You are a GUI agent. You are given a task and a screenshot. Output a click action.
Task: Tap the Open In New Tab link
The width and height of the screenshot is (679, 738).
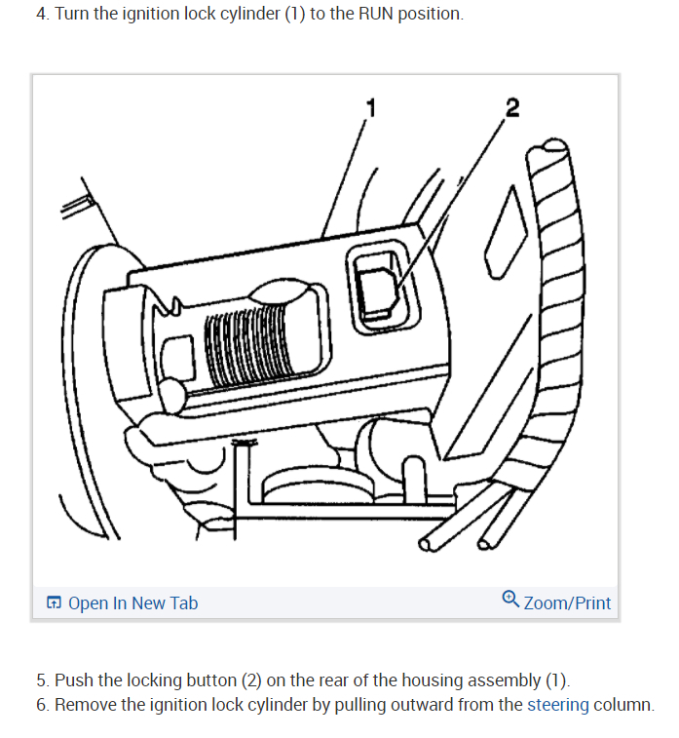coord(132,603)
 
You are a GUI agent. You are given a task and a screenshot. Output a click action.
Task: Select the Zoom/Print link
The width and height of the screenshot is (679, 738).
coord(567,603)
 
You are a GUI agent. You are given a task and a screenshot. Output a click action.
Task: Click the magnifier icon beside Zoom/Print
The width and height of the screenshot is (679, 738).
coord(510,601)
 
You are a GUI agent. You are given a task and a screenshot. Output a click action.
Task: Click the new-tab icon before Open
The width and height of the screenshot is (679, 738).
coord(55,603)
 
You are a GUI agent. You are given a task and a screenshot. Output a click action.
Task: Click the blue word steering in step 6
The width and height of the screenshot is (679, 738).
coord(558,705)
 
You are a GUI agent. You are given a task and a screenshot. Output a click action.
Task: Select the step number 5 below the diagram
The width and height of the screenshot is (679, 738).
coord(41,680)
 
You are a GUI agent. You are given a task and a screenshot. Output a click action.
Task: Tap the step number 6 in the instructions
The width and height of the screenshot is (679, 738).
coord(41,705)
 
